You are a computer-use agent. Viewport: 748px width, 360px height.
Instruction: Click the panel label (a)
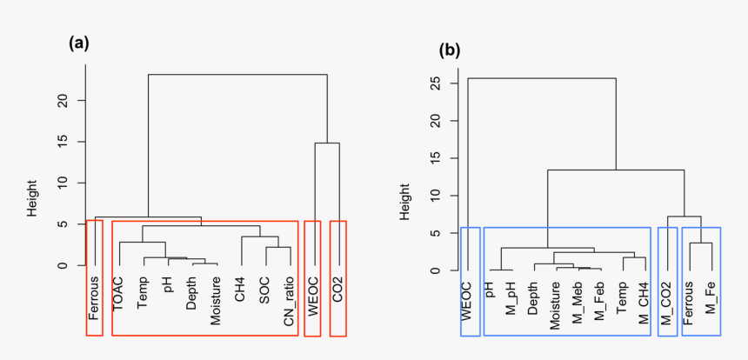point(79,43)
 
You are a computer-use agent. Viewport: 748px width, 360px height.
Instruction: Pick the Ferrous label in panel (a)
point(94,297)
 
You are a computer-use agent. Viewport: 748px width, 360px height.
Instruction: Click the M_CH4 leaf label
point(644,303)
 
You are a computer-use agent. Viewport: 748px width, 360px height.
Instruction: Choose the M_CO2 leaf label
point(668,303)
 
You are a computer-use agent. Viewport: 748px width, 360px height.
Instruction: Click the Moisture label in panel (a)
point(215,301)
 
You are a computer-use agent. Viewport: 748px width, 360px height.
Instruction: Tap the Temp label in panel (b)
point(622,297)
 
